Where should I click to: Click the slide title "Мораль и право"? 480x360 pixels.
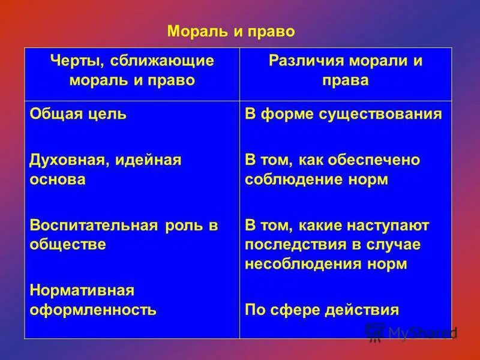click(x=230, y=31)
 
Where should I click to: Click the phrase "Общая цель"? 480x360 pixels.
click(x=78, y=114)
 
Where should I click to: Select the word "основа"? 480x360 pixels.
click(x=57, y=179)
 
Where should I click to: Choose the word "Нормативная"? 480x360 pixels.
click(x=81, y=290)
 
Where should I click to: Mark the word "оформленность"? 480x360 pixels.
click(x=93, y=310)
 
